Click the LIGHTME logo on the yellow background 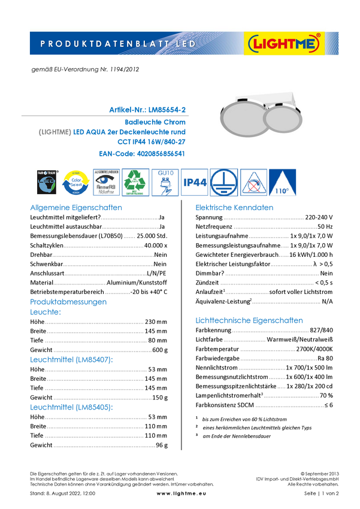click(285, 44)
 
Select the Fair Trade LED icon click(46, 183)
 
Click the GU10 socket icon click(165, 183)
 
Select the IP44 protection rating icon click(195, 183)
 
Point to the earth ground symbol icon click(224, 183)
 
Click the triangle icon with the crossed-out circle click(253, 183)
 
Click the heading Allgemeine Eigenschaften click(76, 208)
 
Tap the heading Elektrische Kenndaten click(235, 208)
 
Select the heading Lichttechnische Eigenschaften click(250, 320)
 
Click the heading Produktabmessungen click(69, 302)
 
